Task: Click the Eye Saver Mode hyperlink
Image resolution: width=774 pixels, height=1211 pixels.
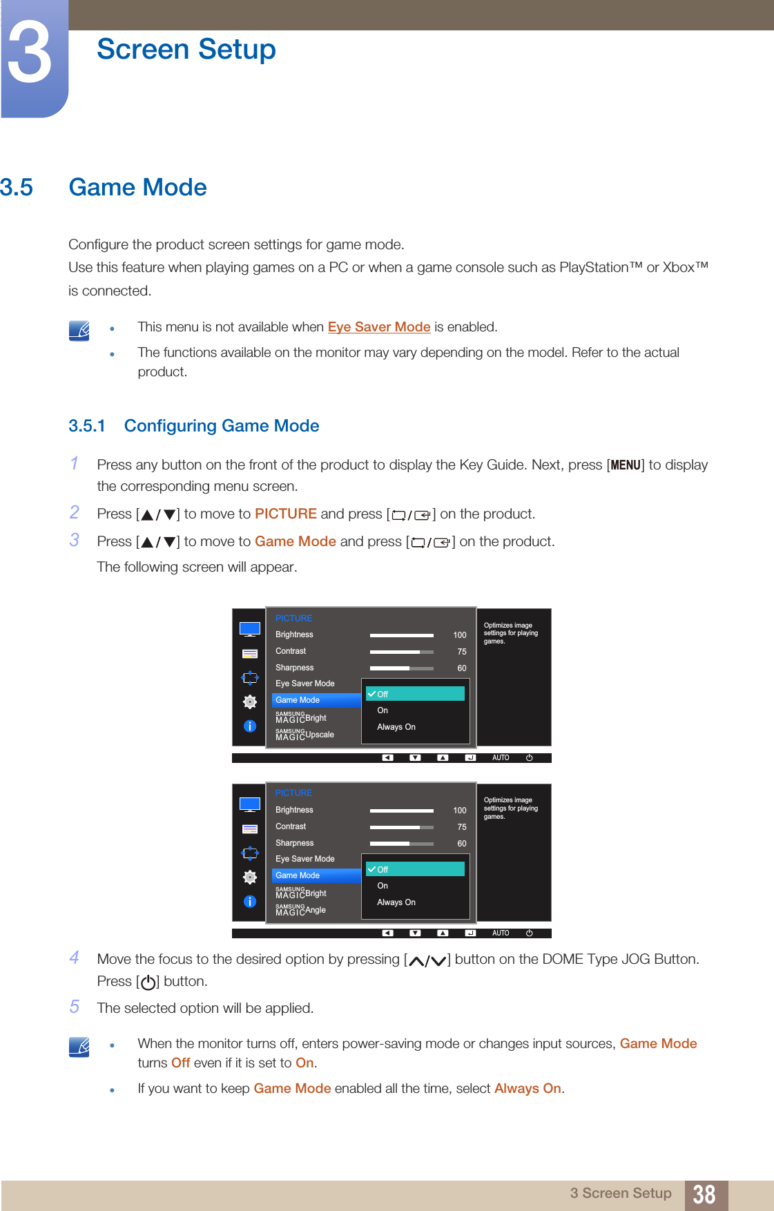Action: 378,327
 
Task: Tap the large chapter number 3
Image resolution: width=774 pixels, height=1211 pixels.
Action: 29,53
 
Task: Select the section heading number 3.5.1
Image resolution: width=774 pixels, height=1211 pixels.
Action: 86,426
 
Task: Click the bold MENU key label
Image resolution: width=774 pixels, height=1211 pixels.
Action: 626,465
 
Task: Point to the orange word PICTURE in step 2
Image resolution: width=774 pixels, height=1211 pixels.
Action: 285,514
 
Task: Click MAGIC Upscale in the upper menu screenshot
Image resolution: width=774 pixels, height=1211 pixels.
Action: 304,735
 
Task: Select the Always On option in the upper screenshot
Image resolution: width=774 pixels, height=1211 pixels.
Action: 396,727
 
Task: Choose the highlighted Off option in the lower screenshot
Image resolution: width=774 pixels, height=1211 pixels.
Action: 414,869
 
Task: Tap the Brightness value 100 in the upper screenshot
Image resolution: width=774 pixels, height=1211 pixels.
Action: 459,635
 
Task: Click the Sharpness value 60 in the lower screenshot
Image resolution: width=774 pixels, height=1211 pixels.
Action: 461,844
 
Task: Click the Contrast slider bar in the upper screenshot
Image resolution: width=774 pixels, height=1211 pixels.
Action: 401,652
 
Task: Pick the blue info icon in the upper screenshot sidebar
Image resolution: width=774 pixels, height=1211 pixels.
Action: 250,726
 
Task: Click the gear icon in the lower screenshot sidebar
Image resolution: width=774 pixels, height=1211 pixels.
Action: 250,877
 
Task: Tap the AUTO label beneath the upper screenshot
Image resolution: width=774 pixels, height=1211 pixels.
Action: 501,758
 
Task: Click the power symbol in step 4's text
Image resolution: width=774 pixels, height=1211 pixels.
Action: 148,982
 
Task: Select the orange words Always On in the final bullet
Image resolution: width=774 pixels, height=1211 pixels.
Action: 528,1089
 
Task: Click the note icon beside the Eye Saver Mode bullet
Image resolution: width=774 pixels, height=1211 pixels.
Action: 79,331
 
